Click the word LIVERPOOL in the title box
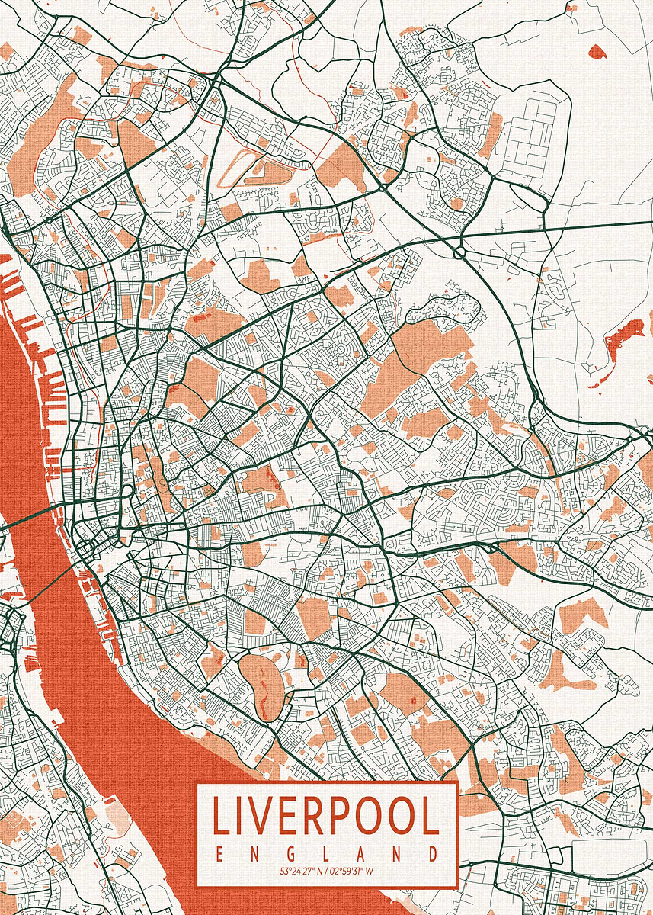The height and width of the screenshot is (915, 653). click(326, 816)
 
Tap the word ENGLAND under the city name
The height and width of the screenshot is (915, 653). click(326, 853)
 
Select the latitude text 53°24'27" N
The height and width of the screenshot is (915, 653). click(301, 870)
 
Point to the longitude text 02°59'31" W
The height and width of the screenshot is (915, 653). click(353, 870)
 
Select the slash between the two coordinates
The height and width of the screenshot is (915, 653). click(327, 870)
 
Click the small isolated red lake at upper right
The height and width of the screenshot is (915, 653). click(597, 51)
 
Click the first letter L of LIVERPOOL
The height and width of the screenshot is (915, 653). click(219, 816)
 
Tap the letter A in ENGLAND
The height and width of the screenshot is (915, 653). click(361, 853)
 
